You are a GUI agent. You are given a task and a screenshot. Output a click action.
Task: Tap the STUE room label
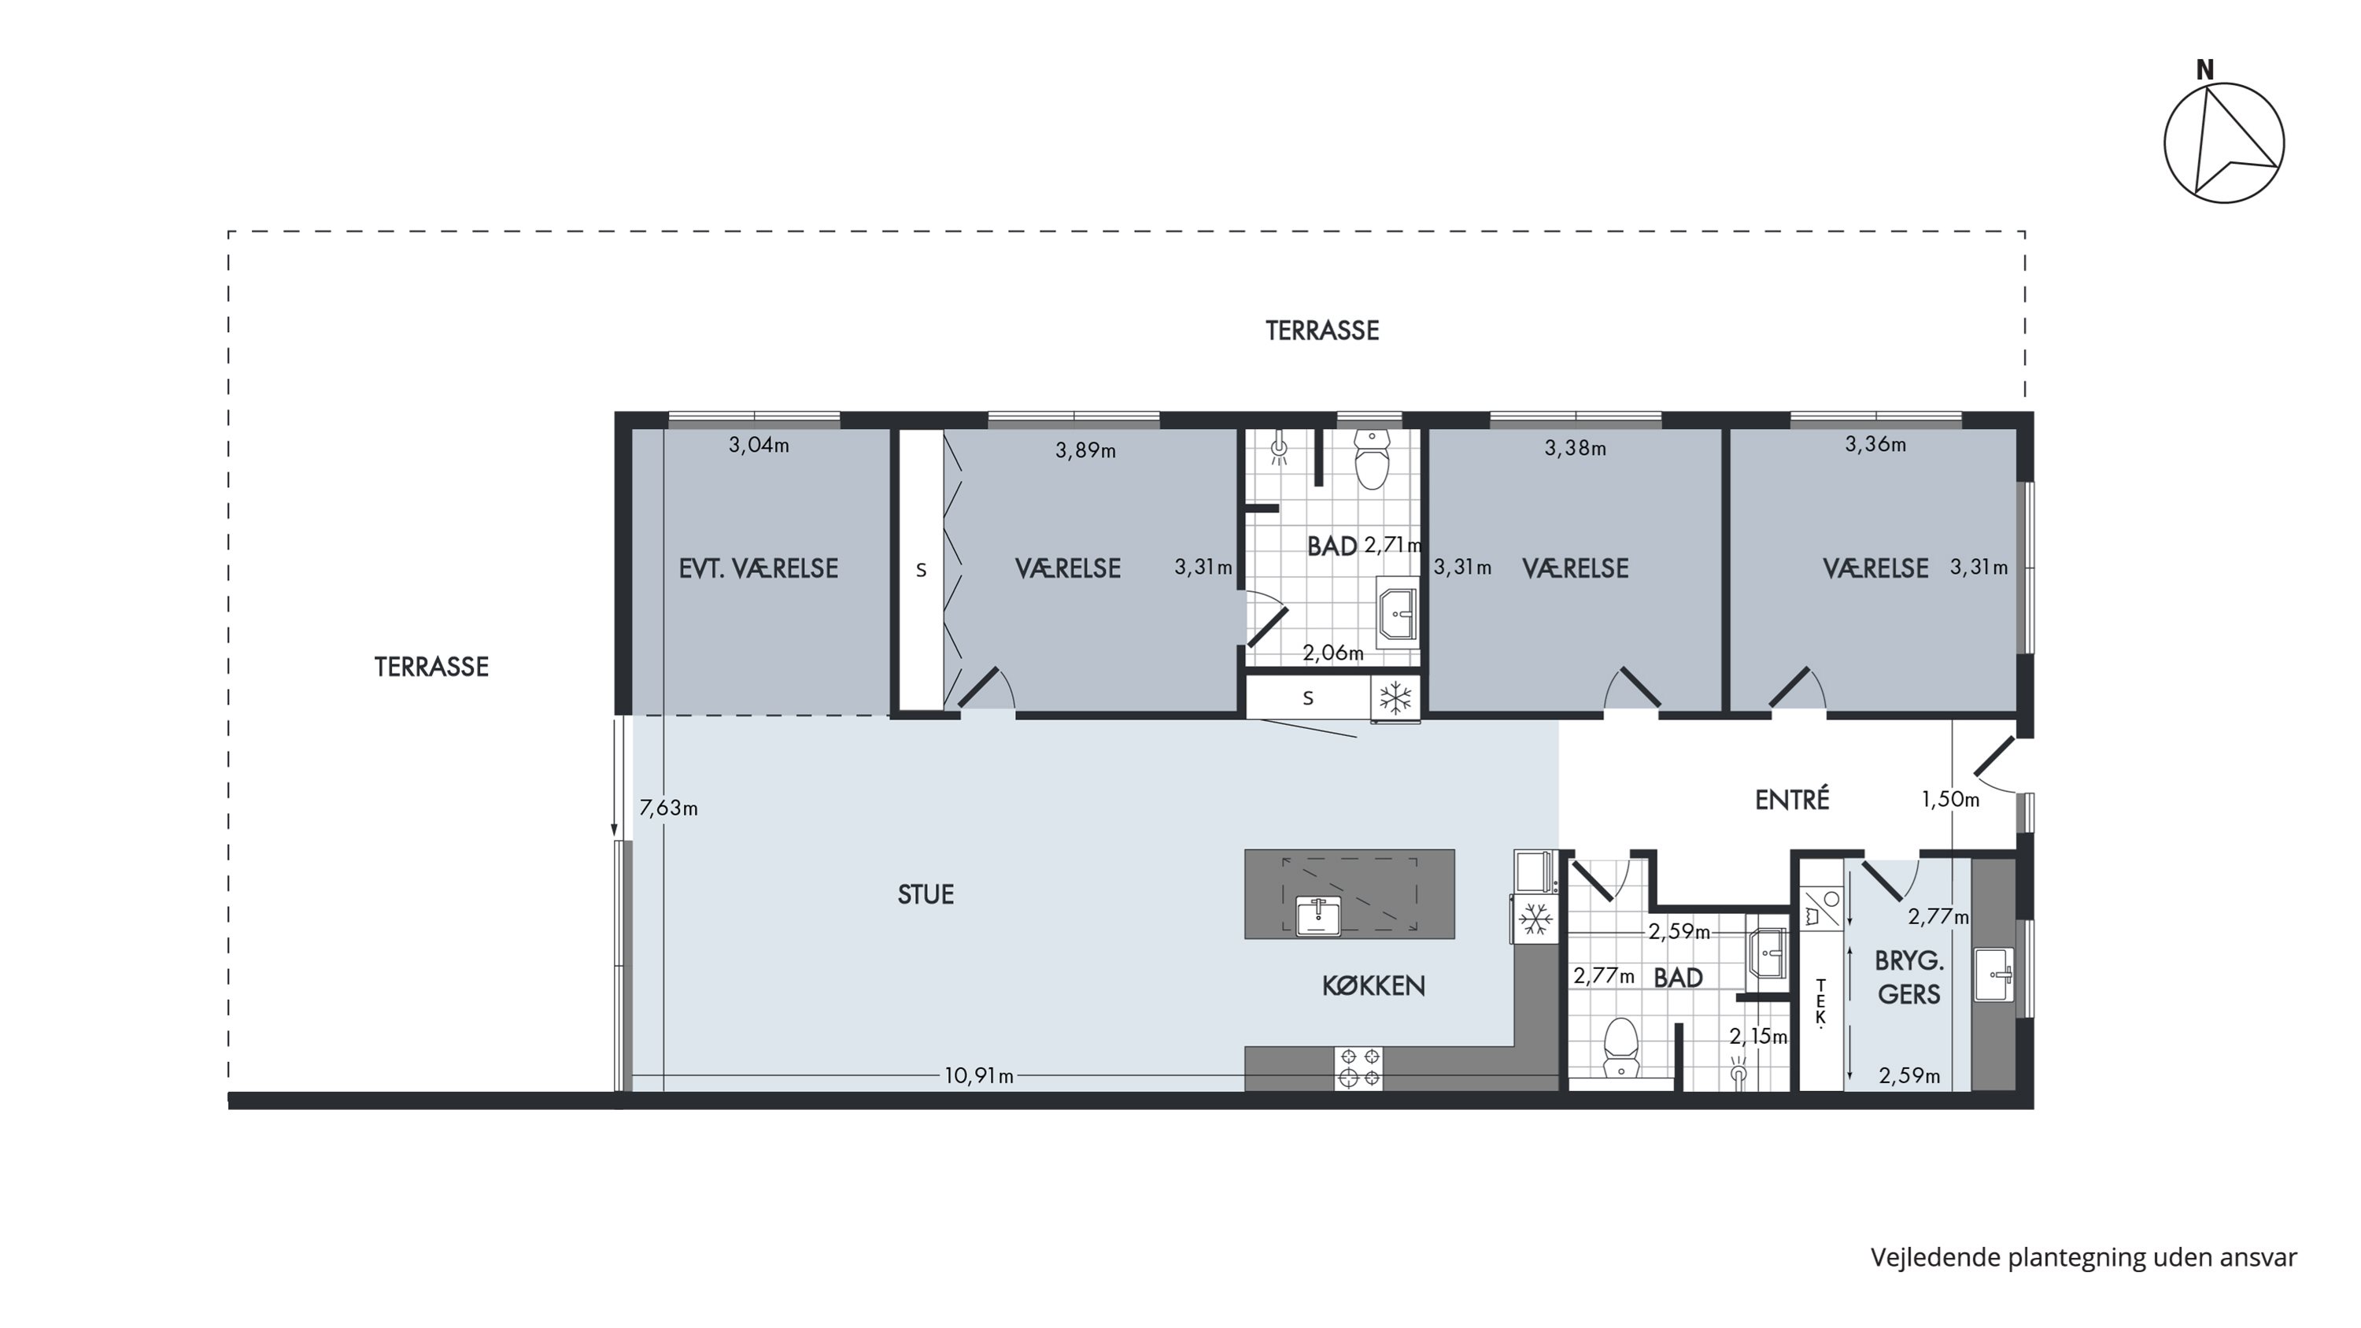pyautogui.click(x=926, y=894)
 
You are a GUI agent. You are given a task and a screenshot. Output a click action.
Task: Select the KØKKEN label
pyautogui.click(x=1373, y=986)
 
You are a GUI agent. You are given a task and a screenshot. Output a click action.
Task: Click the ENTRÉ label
pyautogui.click(x=1792, y=800)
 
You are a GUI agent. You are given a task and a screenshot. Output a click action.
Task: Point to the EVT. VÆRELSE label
pyautogui.click(x=758, y=568)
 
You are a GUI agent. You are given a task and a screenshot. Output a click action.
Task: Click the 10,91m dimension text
pyautogui.click(x=979, y=1075)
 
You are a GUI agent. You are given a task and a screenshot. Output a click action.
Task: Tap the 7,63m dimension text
pyautogui.click(x=668, y=808)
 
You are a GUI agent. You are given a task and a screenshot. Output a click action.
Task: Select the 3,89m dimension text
pyautogui.click(x=1085, y=450)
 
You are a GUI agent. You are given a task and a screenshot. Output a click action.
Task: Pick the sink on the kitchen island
pyautogui.click(x=1319, y=916)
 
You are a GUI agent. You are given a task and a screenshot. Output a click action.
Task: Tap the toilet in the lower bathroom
pyautogui.click(x=1621, y=1048)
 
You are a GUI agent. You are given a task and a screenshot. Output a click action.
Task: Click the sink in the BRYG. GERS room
pyautogui.click(x=1993, y=975)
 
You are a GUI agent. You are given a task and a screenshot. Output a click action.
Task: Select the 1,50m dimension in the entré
pyautogui.click(x=1950, y=799)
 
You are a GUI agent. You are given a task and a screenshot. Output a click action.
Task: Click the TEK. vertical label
pyautogui.click(x=1820, y=1002)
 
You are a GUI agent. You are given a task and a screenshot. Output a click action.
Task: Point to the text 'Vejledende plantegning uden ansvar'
pyautogui.click(x=2083, y=1257)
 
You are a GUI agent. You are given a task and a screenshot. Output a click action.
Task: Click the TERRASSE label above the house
pyautogui.click(x=1321, y=330)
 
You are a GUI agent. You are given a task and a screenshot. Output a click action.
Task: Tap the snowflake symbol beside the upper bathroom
pyautogui.click(x=1395, y=698)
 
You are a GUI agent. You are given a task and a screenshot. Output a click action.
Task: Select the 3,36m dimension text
pyautogui.click(x=1875, y=445)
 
